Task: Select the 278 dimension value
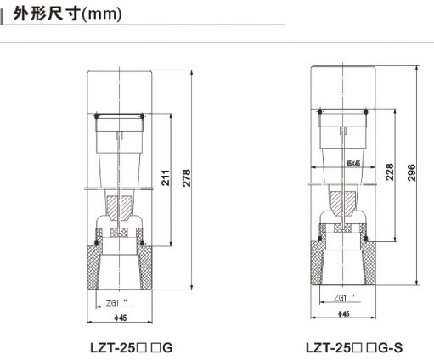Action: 186,178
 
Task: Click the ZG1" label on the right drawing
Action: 344,298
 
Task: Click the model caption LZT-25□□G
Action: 131,349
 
